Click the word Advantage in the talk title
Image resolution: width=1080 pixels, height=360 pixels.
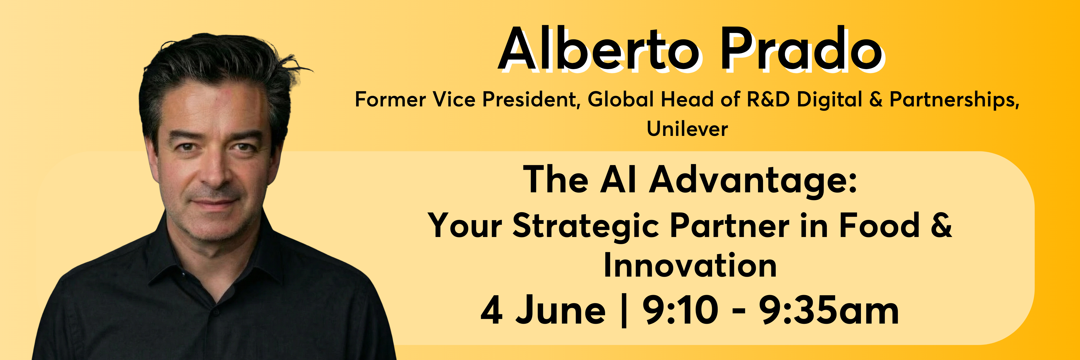click(x=753, y=180)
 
